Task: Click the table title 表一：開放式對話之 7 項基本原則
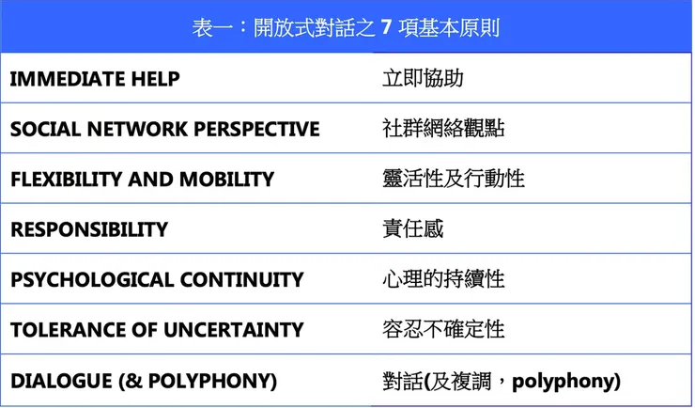347,27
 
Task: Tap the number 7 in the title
386,27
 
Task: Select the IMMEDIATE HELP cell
95,79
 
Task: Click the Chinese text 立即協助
423,78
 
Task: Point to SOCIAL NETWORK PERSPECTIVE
165,129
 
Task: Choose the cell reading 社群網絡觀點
443,129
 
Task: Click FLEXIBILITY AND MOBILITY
142,180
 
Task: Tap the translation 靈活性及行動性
454,179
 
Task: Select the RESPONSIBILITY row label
89,229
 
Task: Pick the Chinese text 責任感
412,228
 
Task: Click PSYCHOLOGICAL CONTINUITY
157,280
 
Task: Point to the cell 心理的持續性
443,279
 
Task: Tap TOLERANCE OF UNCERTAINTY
157,330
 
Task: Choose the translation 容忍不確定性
443,330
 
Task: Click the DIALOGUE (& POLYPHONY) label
144,381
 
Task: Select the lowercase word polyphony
563,382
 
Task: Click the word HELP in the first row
156,79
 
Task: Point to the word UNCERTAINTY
234,330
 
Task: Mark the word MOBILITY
227,180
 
